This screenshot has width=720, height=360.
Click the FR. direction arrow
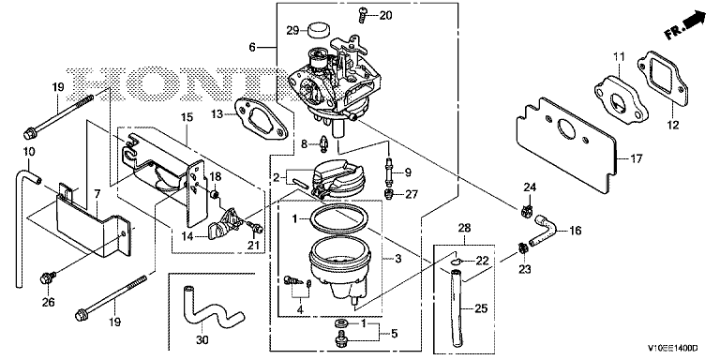pyautogui.click(x=684, y=25)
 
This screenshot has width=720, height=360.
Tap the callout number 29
pyautogui.click(x=292, y=31)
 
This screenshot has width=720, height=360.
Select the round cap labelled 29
pyautogui.click(x=317, y=30)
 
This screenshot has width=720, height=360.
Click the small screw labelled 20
pyautogui.click(x=362, y=15)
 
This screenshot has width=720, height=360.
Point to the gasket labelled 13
pyautogui.click(x=261, y=119)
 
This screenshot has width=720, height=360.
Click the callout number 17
pyautogui.click(x=636, y=159)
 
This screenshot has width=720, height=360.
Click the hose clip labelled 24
pyautogui.click(x=528, y=211)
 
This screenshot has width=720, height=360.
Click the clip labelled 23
pyautogui.click(x=522, y=248)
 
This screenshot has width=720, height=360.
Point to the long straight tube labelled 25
pyautogui.click(x=457, y=308)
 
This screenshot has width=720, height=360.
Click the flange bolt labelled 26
pyautogui.click(x=47, y=277)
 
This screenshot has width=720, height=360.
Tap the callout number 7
pyautogui.click(x=97, y=194)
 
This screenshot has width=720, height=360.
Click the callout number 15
pyautogui.click(x=187, y=116)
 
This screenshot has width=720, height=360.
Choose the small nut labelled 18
pyautogui.click(x=214, y=194)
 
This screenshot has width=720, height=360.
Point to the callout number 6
pyautogui.click(x=252, y=47)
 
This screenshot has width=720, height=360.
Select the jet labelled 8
pyautogui.click(x=323, y=144)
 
